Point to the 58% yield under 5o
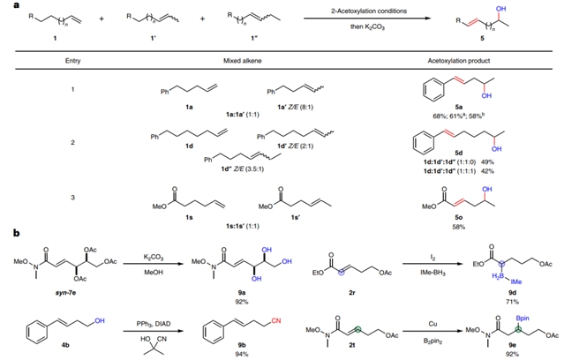click(457, 227)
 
